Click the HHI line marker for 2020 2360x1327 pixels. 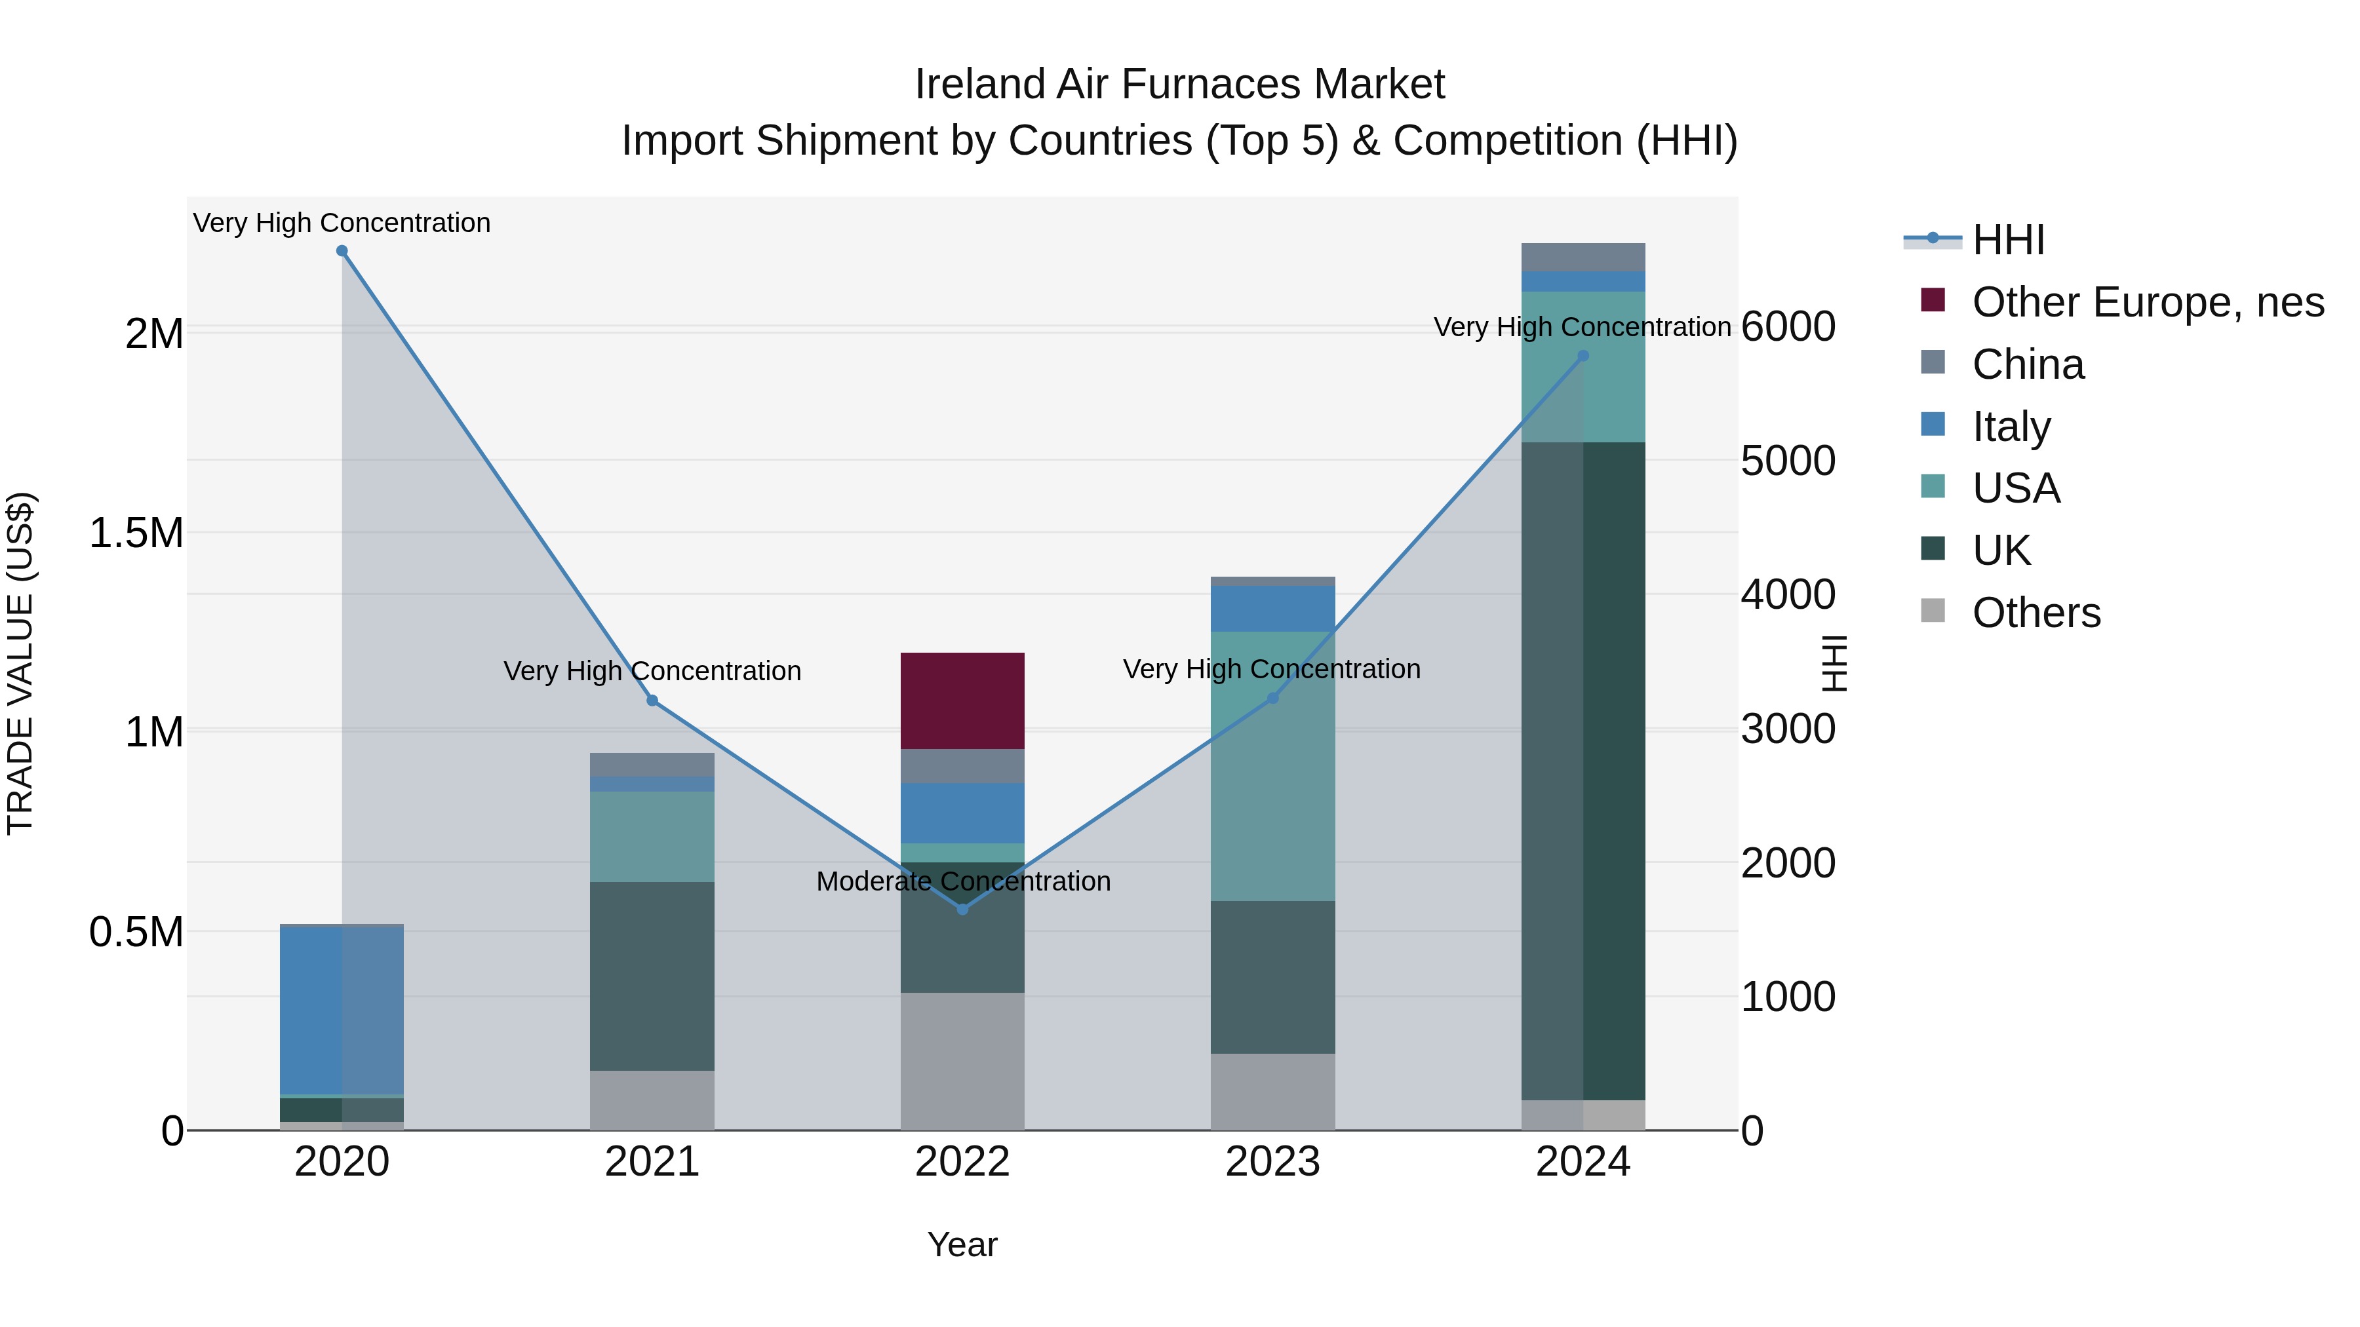[342, 251]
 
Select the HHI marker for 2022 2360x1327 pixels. [962, 910]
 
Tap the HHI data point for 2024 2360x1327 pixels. [1583, 356]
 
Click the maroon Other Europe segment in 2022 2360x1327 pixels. [962, 701]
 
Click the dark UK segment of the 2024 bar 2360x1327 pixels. [1583, 769]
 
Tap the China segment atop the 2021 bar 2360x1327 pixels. [652, 765]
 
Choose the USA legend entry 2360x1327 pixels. [2016, 488]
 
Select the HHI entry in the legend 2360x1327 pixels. [2007, 240]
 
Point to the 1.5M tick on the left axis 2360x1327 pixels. [136, 533]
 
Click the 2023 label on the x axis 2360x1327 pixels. [1272, 1162]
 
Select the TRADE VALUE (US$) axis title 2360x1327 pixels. [20, 663]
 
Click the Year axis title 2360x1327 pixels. [962, 1244]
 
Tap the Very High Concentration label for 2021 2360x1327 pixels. [652, 671]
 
